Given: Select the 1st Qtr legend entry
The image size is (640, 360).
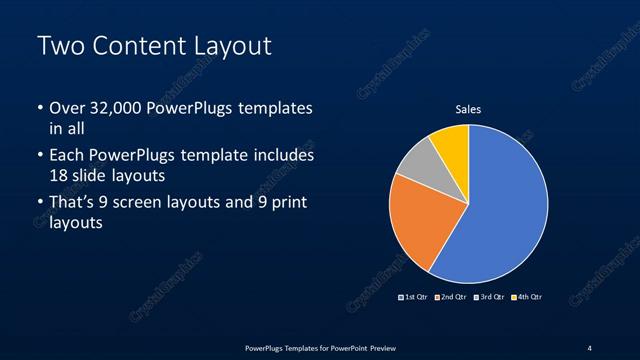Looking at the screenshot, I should tap(414, 297).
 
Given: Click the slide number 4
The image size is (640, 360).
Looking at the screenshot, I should tap(590, 347).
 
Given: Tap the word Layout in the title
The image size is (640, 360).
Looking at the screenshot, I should tap(230, 46).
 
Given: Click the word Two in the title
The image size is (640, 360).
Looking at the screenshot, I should tap(59, 46).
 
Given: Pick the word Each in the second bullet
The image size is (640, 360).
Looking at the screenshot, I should tap(67, 156).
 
